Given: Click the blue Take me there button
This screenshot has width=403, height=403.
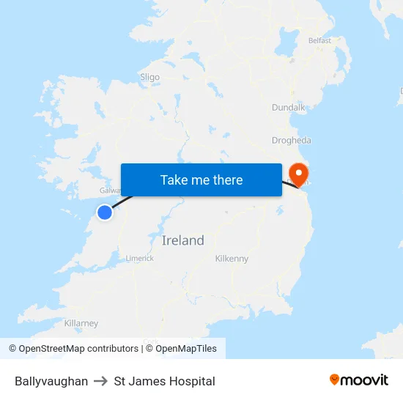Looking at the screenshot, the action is (202, 180).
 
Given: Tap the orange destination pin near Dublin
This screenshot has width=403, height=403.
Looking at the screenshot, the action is (299, 172).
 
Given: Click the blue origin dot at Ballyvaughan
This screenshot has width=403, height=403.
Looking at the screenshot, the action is (105, 212).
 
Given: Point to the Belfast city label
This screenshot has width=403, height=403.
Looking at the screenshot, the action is (319, 41).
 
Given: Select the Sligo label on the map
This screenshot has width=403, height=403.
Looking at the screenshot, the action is (149, 76).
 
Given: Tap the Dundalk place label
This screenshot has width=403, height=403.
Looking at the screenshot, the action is (288, 107).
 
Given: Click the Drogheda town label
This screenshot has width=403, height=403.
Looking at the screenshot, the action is (292, 140).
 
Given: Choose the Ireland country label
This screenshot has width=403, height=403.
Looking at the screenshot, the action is (183, 240).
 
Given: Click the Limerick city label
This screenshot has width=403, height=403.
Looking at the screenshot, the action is (139, 258).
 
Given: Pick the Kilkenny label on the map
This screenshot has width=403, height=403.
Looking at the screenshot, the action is (232, 259).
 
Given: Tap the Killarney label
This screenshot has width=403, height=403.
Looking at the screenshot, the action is (81, 323).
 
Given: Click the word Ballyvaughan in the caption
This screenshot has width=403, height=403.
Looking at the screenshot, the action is (51, 381).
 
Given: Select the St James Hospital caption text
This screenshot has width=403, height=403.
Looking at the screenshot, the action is (165, 381).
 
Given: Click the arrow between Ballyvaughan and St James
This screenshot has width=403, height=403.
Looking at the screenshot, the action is (101, 381).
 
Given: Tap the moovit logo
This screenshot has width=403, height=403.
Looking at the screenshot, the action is (359, 380).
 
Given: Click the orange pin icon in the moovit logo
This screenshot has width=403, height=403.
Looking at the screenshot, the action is (335, 380).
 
